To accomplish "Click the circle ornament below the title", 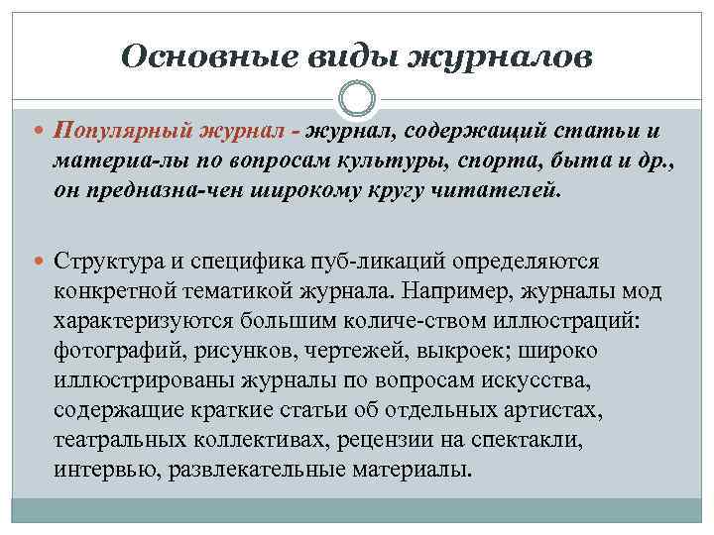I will (357, 100).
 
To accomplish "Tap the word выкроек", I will (445, 353).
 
